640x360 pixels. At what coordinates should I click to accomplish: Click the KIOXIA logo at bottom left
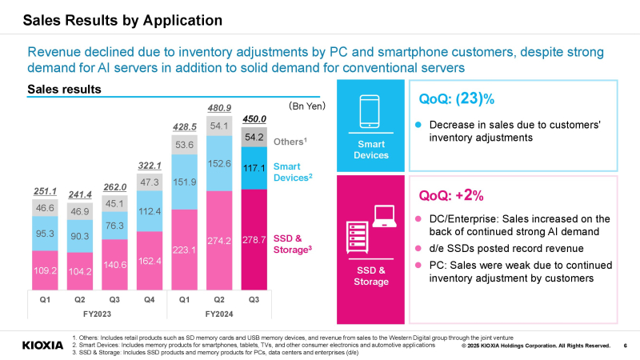pos(42,346)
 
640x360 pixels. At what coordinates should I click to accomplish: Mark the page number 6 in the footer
pos(625,346)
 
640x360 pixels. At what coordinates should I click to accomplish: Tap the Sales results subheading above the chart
pos(64,89)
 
